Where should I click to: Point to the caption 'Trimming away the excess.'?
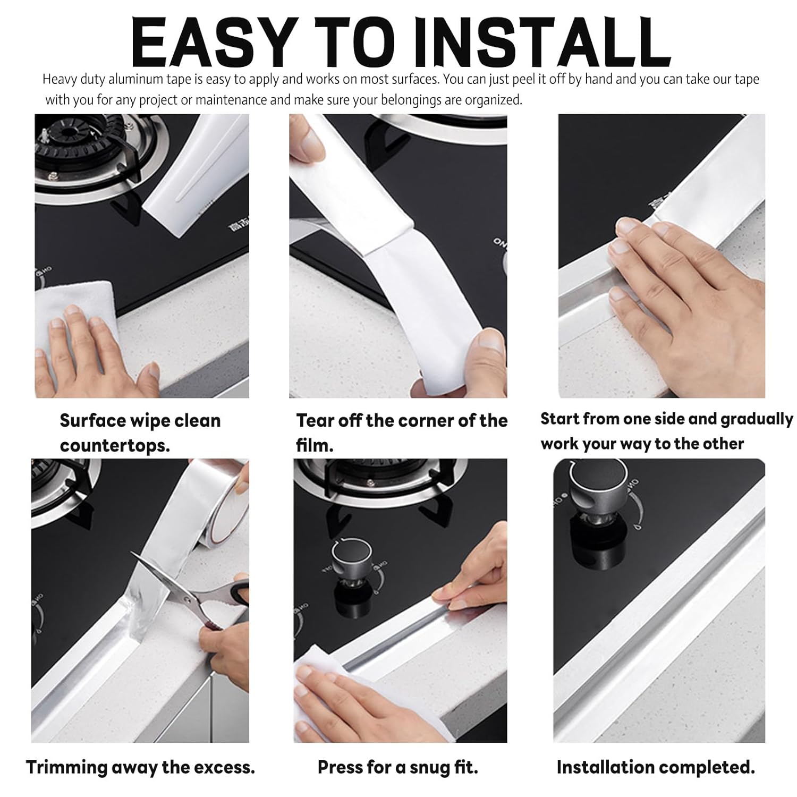140,767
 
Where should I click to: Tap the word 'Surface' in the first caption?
92,421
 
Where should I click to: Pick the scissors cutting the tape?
191,595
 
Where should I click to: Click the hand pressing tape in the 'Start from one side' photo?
685,298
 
